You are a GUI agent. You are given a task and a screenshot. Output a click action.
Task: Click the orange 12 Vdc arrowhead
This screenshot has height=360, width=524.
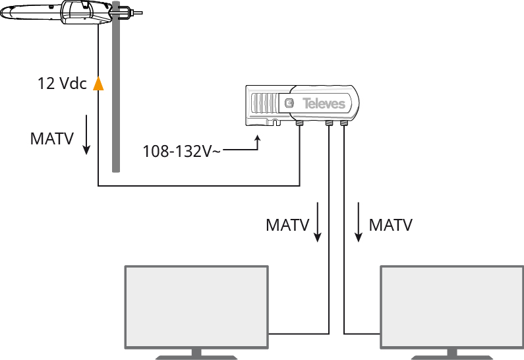coord(98,83)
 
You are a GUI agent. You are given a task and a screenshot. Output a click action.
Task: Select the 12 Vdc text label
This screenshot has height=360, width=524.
coord(62,84)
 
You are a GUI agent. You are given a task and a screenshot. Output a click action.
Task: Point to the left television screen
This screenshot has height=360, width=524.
coord(197,306)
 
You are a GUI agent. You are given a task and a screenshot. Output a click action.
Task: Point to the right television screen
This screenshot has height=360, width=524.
coord(452,306)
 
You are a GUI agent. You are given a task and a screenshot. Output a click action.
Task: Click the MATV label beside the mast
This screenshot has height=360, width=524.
coord(52,139)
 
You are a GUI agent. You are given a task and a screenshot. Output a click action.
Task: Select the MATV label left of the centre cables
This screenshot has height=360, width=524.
coord(287,225)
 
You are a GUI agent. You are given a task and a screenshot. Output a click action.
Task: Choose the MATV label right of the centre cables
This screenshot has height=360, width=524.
coord(391,225)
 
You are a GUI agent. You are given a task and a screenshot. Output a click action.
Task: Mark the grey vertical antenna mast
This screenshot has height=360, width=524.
coord(116,99)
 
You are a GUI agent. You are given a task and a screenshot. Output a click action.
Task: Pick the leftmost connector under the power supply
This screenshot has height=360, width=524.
coord(299,123)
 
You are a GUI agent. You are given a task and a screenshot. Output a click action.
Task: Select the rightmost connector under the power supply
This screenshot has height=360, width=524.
coord(344,123)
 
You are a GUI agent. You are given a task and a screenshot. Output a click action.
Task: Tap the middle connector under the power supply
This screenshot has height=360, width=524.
coord(330,123)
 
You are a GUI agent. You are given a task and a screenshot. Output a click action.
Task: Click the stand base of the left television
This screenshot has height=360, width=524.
coord(196,357)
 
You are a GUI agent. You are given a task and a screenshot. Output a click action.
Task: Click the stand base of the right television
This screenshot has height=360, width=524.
coord(451,357)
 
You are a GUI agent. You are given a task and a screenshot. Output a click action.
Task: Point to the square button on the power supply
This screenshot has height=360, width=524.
coord(289,103)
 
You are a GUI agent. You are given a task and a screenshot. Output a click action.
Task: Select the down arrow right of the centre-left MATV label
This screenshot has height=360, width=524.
coord(318,223)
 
